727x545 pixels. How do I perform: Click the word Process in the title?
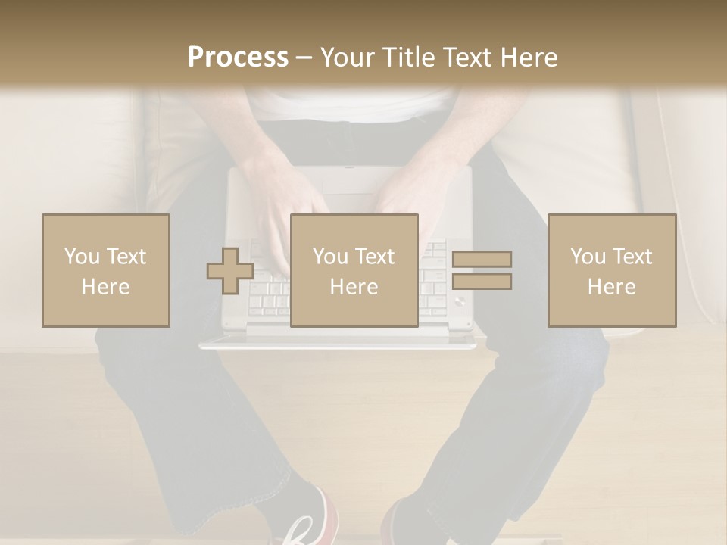pos(238,58)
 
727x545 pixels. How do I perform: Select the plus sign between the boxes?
pos(229,271)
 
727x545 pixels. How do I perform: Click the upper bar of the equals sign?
pos(482,259)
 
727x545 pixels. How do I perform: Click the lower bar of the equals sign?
pos(482,282)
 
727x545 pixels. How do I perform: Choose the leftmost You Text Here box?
pos(106,270)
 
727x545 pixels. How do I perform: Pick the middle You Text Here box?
pos(354,270)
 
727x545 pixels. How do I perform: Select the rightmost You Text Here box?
pos(612,270)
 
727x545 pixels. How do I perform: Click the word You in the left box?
pos(81,257)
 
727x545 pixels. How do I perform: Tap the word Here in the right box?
pos(612,287)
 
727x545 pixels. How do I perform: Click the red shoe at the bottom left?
pos(307,522)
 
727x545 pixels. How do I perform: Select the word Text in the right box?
pos(632,257)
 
